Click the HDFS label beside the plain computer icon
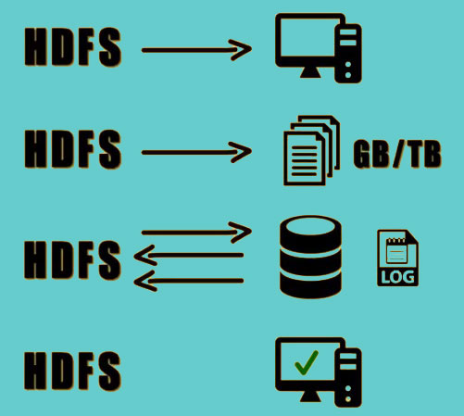[x=73, y=46]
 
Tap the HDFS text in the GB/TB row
[x=73, y=149]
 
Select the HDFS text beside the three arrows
[x=73, y=260]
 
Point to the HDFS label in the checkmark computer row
[x=73, y=371]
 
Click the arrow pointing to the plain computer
[x=196, y=50]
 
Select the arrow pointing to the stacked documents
[x=196, y=152]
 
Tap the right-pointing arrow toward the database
[x=196, y=233]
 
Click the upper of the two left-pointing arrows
[x=189, y=255]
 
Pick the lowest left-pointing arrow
[x=189, y=281]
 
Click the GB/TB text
[x=397, y=154]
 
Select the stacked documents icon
[x=312, y=150]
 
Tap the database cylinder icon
[x=310, y=257]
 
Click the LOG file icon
[x=397, y=258]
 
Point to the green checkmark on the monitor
[x=306, y=362]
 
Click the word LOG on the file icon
[x=397, y=277]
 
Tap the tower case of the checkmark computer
[x=348, y=378]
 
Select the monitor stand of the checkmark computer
[x=310, y=397]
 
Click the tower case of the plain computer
[x=348, y=54]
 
